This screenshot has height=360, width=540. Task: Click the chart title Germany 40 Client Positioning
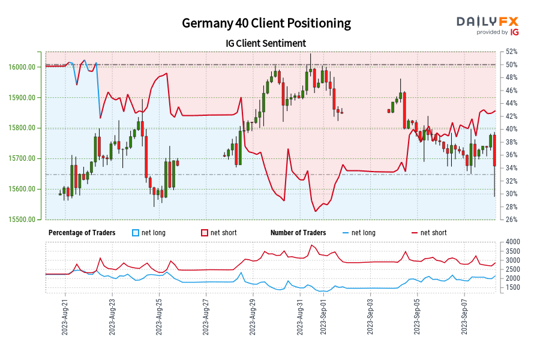266,23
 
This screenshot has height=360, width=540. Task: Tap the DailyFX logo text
487,22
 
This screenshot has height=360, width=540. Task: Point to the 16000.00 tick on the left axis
26,67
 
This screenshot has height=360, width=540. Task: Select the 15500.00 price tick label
26,220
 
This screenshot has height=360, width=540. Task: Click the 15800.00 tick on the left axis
26,128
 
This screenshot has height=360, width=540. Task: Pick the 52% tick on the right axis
512,52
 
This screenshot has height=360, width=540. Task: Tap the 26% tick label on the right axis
512,220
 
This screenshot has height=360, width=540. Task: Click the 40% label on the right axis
512,129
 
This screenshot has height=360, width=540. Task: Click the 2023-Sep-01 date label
323,317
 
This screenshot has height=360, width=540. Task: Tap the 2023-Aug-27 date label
206,317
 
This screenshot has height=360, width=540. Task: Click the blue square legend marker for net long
136,233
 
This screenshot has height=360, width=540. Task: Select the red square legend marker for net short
205,233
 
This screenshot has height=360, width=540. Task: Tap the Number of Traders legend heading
298,233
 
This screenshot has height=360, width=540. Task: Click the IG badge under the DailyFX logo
514,32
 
